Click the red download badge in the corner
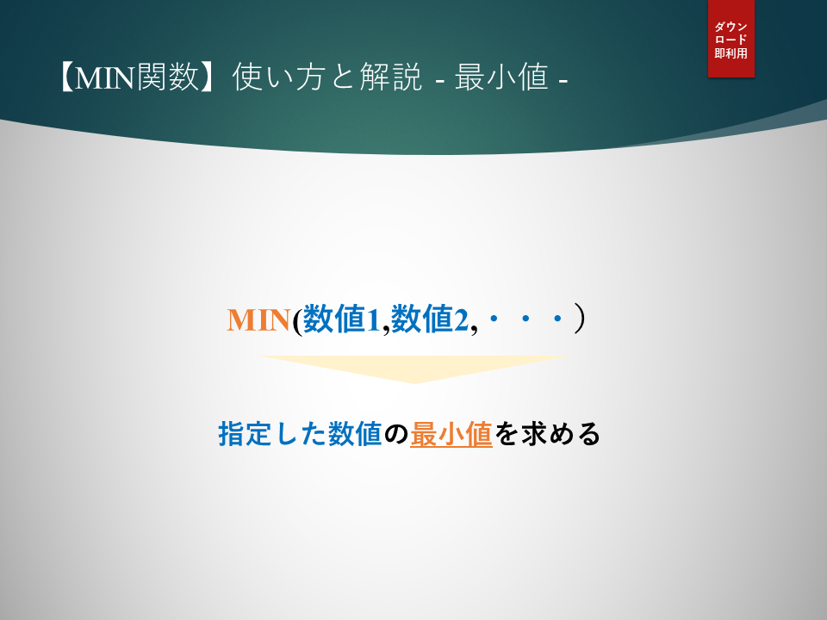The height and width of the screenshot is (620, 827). click(731, 39)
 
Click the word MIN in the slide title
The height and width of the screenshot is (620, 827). click(105, 77)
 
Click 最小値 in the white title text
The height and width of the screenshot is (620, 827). click(501, 77)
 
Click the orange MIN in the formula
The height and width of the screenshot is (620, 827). click(258, 319)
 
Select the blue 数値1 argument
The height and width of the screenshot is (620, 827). click(342, 319)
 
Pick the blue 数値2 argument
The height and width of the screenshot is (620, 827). click(430, 319)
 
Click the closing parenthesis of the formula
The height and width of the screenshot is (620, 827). click(580, 319)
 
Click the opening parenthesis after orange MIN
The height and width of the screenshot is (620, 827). click(297, 320)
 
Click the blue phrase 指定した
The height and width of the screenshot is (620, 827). click(272, 434)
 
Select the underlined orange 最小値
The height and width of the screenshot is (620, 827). click(451, 434)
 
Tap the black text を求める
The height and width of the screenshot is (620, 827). click(547, 434)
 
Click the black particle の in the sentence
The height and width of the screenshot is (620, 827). click(396, 435)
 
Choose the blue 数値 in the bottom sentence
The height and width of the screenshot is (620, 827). click(354, 434)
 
